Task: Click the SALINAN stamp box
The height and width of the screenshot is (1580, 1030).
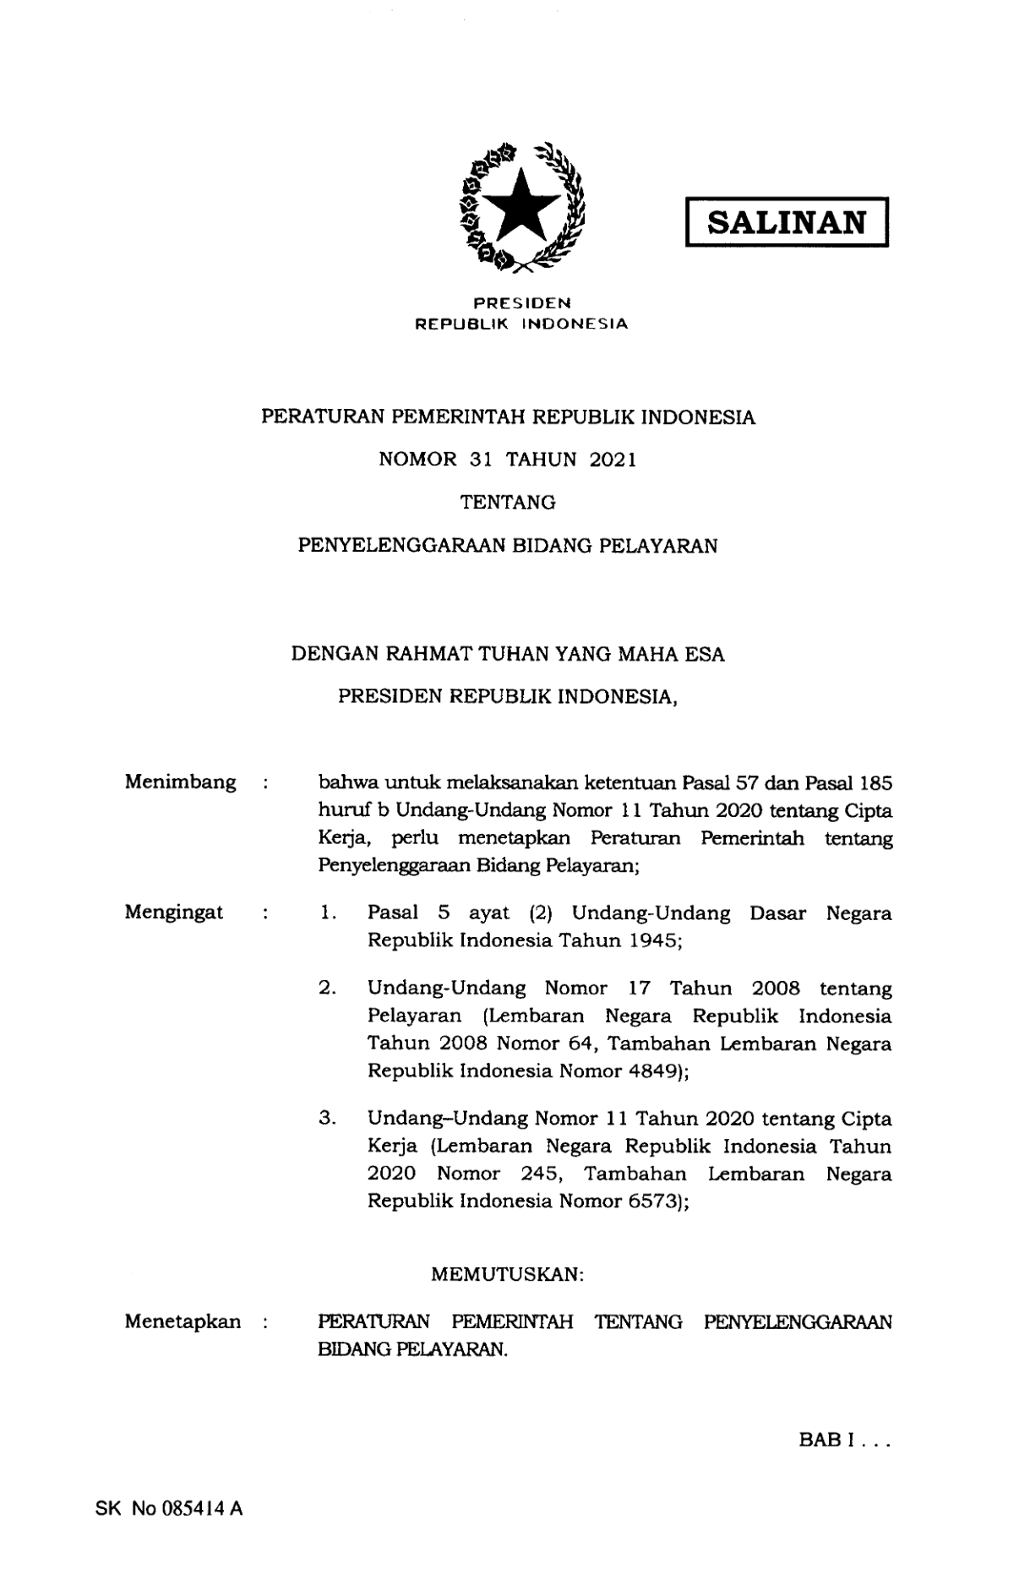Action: tap(786, 222)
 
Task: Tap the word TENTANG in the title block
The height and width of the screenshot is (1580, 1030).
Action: tap(508, 503)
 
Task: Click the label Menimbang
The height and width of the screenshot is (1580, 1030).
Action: tap(180, 782)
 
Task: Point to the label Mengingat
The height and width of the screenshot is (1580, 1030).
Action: tap(174, 912)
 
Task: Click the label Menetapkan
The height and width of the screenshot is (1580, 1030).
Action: tap(182, 1321)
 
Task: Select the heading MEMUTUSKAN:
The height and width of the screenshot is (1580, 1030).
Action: tap(508, 1274)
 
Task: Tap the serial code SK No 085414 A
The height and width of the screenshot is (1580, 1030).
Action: tap(169, 1508)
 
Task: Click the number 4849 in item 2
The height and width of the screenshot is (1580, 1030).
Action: tap(653, 1071)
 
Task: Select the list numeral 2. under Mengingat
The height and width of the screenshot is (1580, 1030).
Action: tap(328, 988)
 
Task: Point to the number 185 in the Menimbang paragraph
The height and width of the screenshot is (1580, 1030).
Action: tap(875, 782)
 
